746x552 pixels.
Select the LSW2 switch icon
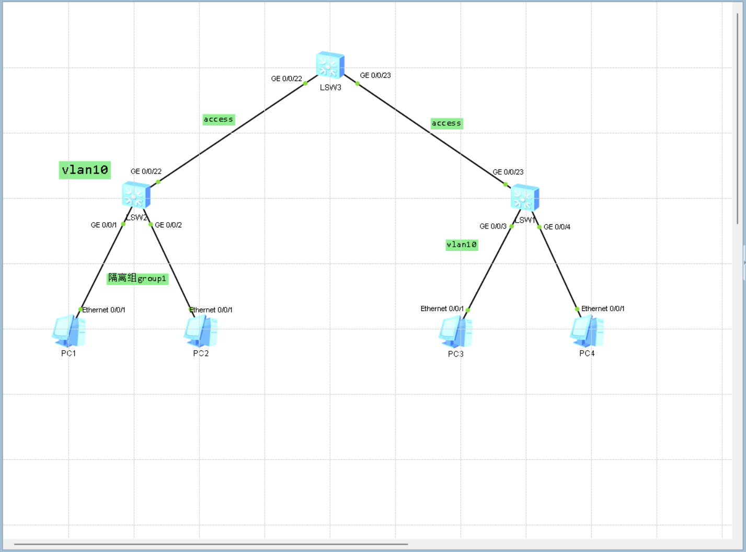[x=136, y=195]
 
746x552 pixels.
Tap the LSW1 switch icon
[x=525, y=198]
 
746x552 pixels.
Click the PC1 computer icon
[x=68, y=331]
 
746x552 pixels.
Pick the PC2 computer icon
[x=201, y=331]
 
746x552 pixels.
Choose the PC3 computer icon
[x=455, y=332]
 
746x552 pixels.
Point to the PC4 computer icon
[x=587, y=331]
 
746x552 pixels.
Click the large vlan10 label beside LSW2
[x=85, y=170]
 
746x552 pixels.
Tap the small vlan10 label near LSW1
[x=462, y=245]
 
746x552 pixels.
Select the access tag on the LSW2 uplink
[x=219, y=120]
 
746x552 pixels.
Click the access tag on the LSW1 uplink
[x=446, y=123]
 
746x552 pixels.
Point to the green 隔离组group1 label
[x=137, y=279]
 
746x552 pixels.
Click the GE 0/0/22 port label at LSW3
[x=286, y=79]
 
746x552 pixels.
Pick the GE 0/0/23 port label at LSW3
[x=375, y=75]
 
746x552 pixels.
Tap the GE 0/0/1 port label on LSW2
[x=104, y=225]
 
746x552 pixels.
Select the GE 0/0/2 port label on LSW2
[x=168, y=225]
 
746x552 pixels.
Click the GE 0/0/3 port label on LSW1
[x=493, y=226]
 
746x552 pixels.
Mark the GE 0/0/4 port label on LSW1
[x=557, y=227]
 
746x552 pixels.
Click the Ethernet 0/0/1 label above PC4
[x=603, y=309]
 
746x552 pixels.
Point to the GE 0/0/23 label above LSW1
[x=508, y=172]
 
